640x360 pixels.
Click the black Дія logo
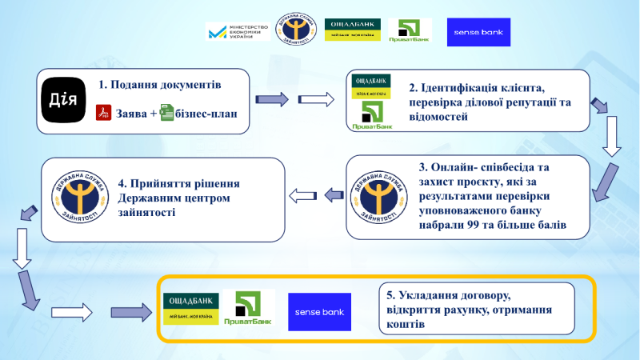(64, 101)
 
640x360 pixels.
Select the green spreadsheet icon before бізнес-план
(166, 113)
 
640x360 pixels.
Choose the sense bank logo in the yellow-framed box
(320, 311)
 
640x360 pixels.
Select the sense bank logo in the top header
(478, 32)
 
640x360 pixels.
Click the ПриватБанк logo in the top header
(409, 31)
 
